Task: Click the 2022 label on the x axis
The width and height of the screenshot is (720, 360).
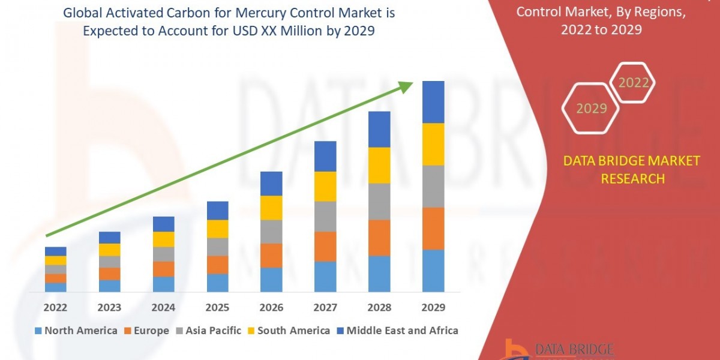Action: pyautogui.click(x=55, y=308)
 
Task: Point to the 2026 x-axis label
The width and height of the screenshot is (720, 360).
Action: pyautogui.click(x=271, y=308)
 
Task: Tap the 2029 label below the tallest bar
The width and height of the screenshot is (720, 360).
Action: pyautogui.click(x=433, y=308)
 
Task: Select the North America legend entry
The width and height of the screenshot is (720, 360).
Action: pyautogui.click(x=76, y=331)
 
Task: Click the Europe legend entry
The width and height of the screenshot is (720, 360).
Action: pyautogui.click(x=147, y=331)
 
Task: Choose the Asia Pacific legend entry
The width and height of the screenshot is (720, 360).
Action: pyautogui.click(x=208, y=331)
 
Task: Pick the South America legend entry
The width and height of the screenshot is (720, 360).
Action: pyautogui.click(x=289, y=331)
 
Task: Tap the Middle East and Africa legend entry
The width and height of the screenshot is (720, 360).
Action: pyautogui.click(x=397, y=331)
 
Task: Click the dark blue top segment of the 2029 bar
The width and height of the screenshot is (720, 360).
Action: pyautogui.click(x=433, y=102)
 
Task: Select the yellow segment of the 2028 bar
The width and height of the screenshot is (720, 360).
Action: pyautogui.click(x=379, y=165)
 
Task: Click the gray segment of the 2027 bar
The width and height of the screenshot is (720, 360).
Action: pyautogui.click(x=325, y=216)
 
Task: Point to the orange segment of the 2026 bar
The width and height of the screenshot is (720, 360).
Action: pyautogui.click(x=271, y=255)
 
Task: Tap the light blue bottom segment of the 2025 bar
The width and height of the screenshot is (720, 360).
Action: pyautogui.click(x=217, y=283)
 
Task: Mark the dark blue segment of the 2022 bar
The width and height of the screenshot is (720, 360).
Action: pyautogui.click(x=55, y=251)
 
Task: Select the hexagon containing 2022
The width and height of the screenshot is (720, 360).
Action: pyautogui.click(x=632, y=82)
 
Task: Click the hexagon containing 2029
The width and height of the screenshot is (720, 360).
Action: pyautogui.click(x=591, y=109)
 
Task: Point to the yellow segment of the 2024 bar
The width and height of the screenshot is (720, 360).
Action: pyautogui.click(x=163, y=239)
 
